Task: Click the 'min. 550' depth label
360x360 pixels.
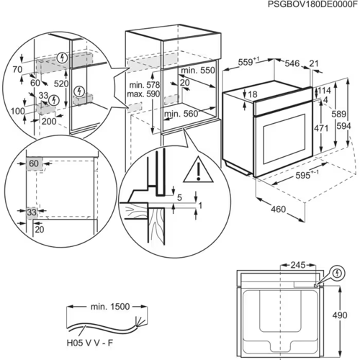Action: coord(197,71)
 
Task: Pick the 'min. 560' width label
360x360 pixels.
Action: coord(181,114)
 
